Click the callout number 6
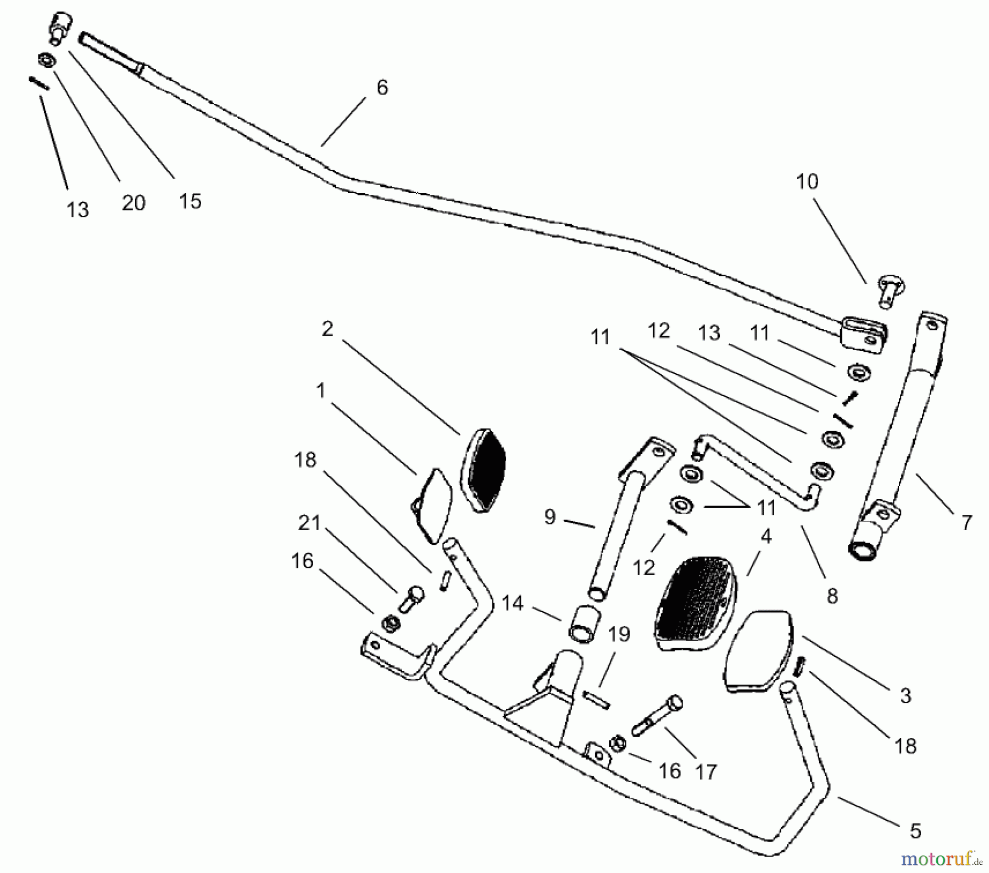click(x=382, y=87)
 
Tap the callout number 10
click(x=807, y=182)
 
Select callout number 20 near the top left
click(x=134, y=203)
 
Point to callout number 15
click(x=190, y=201)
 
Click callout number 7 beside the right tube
click(x=966, y=522)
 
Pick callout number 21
click(x=309, y=522)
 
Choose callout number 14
click(x=513, y=603)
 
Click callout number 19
click(x=619, y=634)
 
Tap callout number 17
click(x=706, y=771)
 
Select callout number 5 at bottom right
click(x=915, y=831)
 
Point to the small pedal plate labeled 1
click(x=432, y=504)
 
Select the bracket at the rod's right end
click(x=864, y=333)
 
